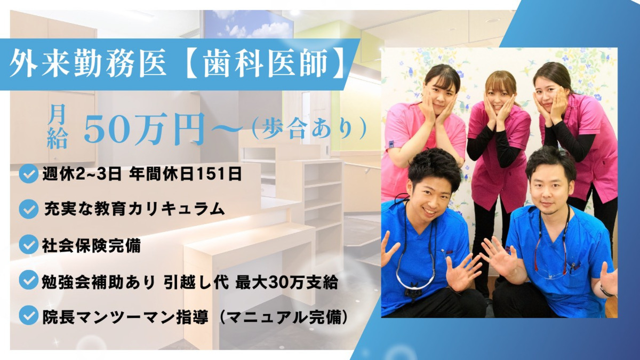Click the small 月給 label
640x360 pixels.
tap(57, 126)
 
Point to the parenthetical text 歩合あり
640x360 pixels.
tap(309, 129)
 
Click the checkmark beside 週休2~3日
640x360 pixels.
tap(29, 173)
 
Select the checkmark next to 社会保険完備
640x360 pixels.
tap(29, 245)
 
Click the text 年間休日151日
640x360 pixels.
tap(186, 174)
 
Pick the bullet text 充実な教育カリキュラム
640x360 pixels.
tap(134, 209)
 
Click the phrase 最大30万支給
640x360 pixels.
tap(286, 282)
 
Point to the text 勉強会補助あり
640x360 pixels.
tap(98, 282)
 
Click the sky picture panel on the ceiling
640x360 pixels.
tap(248, 25)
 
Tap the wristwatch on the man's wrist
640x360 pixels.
tap(606, 291)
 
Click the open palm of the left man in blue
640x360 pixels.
tap(462, 270)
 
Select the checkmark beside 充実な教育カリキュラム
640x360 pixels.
tap(29, 209)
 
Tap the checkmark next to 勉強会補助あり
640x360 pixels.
tap(29, 281)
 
